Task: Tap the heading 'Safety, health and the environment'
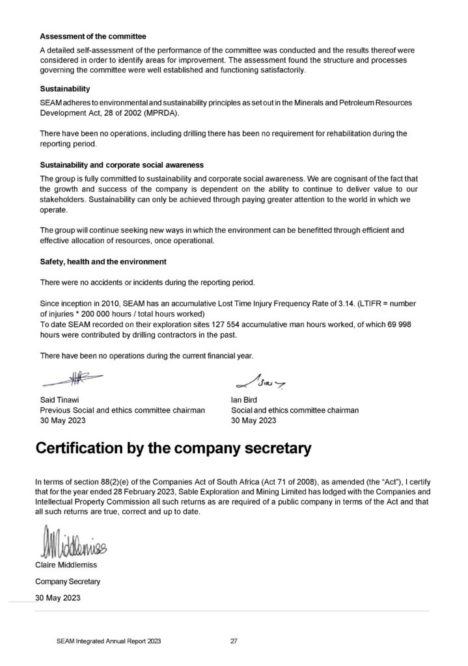103,261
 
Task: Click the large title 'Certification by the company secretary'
173,449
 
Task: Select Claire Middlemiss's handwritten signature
70,541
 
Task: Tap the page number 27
234,641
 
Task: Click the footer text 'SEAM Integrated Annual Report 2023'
109,641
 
